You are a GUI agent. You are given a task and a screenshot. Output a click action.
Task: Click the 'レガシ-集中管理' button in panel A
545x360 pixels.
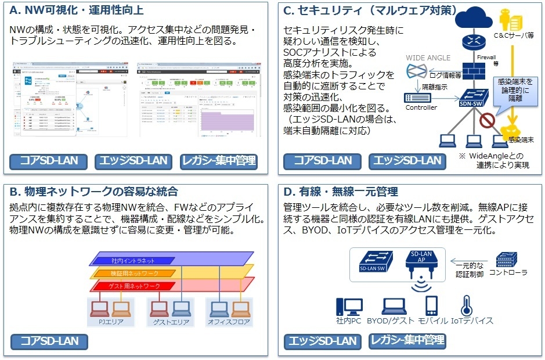219,161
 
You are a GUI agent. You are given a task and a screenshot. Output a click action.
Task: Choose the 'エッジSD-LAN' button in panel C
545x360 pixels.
406,161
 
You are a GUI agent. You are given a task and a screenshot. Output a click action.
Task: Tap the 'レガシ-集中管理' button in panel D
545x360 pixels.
407,341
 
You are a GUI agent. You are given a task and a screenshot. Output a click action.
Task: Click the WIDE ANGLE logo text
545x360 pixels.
428,58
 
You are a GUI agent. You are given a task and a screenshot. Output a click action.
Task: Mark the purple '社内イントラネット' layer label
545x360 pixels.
130,260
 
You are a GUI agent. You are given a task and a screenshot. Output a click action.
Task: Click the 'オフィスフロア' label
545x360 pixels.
229,321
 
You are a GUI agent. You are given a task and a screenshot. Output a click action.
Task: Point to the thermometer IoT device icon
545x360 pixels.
465,306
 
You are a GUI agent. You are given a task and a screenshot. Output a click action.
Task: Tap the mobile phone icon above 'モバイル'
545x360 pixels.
431,306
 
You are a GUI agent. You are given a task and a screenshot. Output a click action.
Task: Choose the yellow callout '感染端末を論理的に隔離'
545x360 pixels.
514,91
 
